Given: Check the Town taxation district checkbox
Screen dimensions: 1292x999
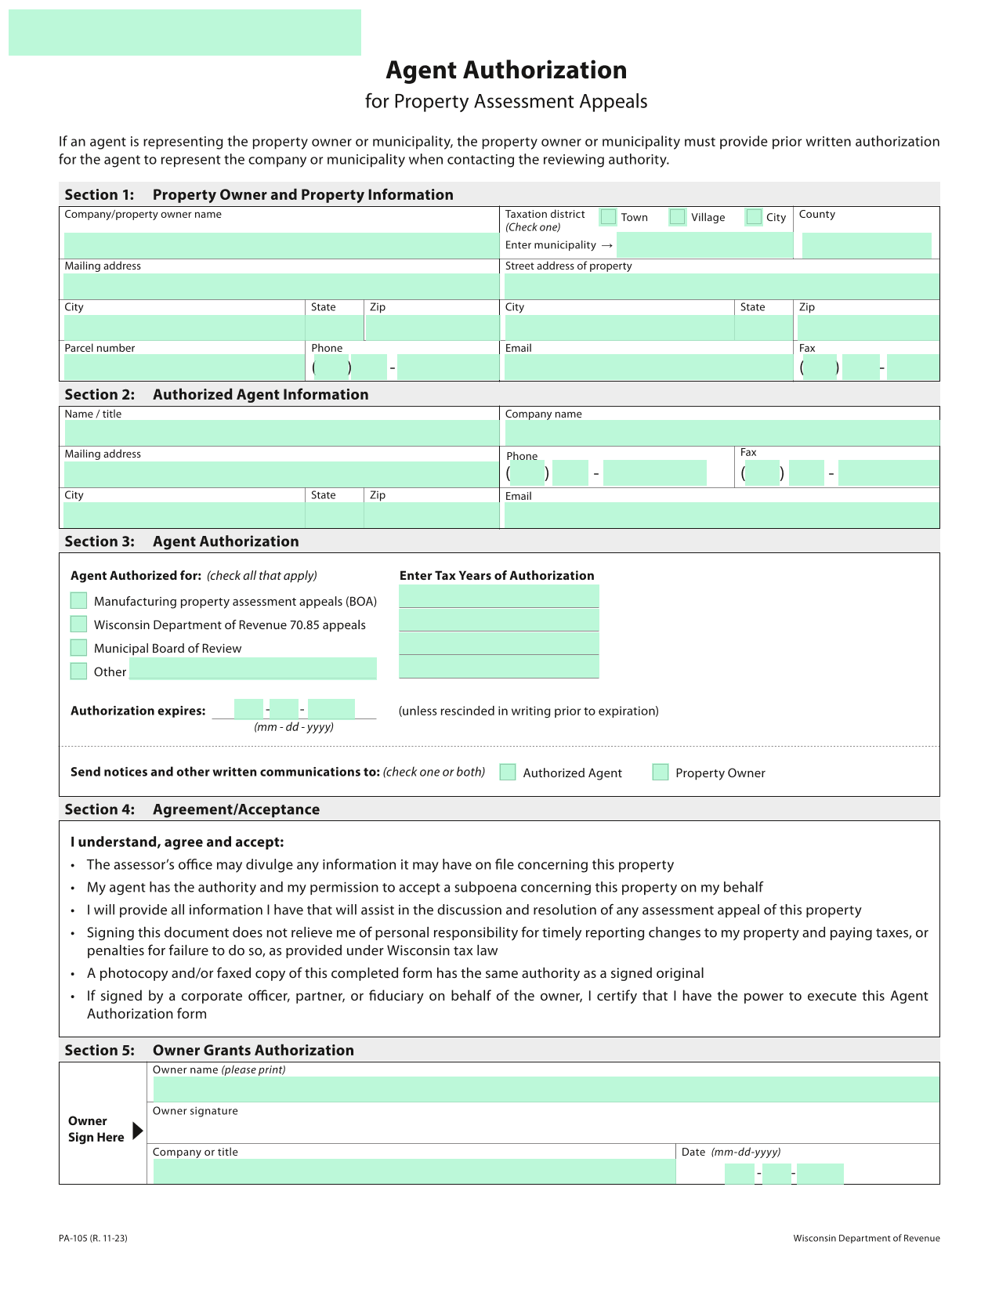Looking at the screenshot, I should [x=608, y=217].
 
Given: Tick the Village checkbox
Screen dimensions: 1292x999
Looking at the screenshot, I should [x=678, y=217].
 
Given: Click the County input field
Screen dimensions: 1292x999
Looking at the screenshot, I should [x=867, y=245].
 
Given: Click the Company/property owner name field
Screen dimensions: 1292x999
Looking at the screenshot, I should [x=281, y=245].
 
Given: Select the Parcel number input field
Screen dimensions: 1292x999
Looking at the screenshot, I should [x=184, y=367].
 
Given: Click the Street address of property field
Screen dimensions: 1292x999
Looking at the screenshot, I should [x=721, y=286].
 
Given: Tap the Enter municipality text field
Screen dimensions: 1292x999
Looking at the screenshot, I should [x=705, y=245].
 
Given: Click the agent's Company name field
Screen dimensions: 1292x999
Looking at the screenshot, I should [x=721, y=432].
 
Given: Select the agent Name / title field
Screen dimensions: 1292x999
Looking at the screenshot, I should [x=281, y=432].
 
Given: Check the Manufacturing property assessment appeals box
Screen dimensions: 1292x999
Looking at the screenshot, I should [x=78, y=601].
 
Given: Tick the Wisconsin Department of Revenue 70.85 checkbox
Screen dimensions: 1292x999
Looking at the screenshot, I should [x=78, y=624].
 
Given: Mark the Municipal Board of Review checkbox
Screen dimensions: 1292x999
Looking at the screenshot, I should [x=78, y=648].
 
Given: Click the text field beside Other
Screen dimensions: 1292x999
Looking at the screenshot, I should [x=252, y=669].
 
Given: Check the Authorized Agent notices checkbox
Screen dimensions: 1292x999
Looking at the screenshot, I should [x=508, y=773].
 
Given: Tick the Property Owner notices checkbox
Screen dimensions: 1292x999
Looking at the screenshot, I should [x=661, y=773].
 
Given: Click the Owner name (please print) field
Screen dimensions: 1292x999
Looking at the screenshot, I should [x=545, y=1089].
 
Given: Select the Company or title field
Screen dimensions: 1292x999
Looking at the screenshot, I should [x=414, y=1171].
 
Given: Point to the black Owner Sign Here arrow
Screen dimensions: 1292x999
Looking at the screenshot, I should [x=138, y=1131].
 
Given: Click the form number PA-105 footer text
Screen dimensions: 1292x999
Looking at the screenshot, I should [x=92, y=1239].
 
